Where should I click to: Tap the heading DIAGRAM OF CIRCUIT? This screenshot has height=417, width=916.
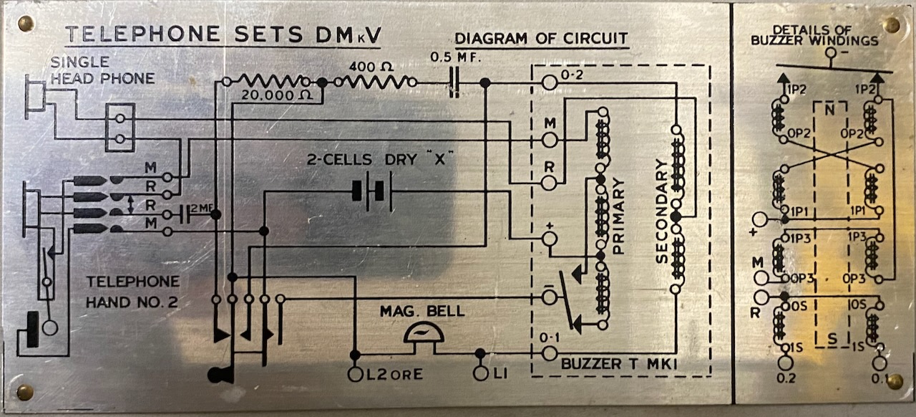click(542, 39)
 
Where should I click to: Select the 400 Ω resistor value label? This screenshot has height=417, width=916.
click(371, 67)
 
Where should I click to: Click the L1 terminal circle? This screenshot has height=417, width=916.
click(481, 373)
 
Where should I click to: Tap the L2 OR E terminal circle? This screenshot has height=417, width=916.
click(355, 373)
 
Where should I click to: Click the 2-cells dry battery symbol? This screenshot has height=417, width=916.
click(372, 192)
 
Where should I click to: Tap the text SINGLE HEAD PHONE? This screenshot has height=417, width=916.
click(102, 70)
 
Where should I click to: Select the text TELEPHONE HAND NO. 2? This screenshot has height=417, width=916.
click(132, 292)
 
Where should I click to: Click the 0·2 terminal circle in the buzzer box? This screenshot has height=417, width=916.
click(550, 83)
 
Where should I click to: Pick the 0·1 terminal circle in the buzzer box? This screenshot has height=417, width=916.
click(550, 353)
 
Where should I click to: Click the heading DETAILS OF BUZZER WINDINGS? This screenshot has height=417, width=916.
click(814, 35)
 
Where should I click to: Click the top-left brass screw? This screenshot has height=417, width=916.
click(26, 24)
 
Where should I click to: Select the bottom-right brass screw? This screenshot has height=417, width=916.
click(893, 381)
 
